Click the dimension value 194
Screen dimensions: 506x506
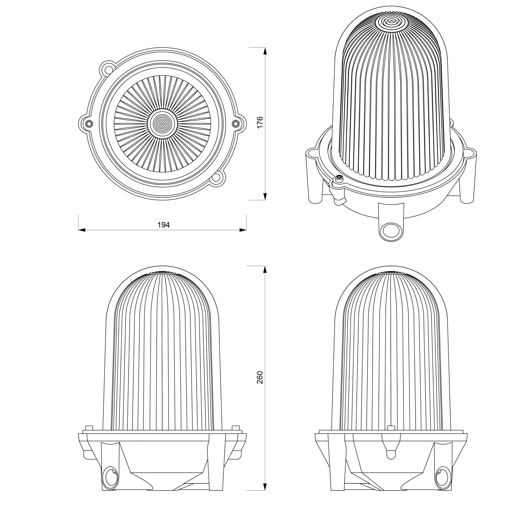(x=163, y=225)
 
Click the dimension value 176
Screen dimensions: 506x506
(x=260, y=122)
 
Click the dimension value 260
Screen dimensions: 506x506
(x=260, y=377)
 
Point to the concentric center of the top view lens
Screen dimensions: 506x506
(x=162, y=123)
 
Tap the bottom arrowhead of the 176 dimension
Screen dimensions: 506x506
(x=265, y=196)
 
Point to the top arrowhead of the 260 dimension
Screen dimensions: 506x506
(x=265, y=270)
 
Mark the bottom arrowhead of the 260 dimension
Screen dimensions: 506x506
(x=265, y=487)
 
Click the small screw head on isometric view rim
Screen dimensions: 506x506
(x=339, y=179)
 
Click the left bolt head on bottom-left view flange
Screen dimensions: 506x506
(x=89, y=428)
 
